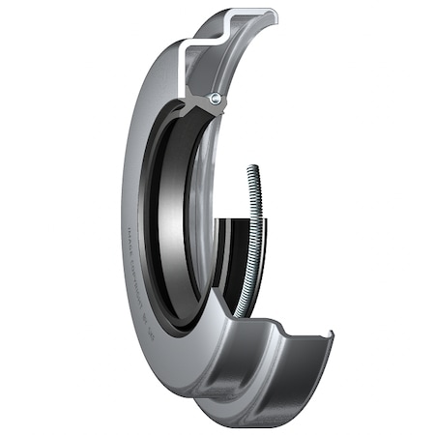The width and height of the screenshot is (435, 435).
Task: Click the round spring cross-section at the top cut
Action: pyautogui.click(x=216, y=99)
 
